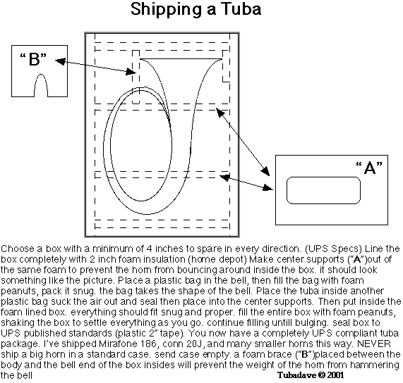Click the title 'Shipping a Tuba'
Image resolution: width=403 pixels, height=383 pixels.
pos(196,10)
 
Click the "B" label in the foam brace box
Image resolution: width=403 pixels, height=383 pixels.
pos(33,59)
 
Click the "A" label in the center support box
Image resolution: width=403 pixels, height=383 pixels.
pos(369,168)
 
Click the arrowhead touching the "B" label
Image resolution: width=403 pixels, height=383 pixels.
pos(60,61)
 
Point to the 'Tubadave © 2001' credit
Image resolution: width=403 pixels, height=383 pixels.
pos(311,375)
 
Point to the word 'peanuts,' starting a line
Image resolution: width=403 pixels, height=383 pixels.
pos(20,291)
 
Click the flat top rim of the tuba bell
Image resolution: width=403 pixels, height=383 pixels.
pos(181,59)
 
